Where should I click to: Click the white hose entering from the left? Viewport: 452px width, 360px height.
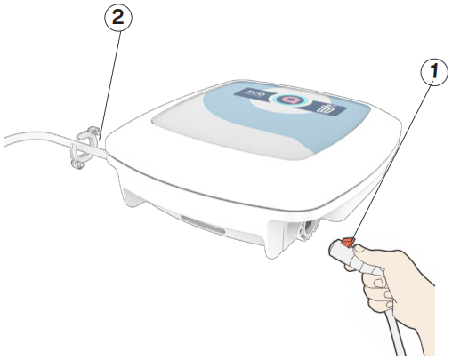click(36, 140)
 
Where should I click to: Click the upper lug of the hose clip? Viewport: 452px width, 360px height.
click(89, 132)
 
